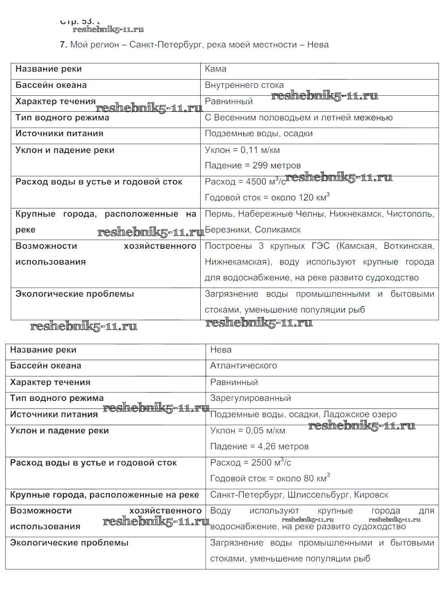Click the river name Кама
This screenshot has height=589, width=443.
(x=215, y=69)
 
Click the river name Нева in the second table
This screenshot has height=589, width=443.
(x=221, y=350)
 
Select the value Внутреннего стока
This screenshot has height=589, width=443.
(x=244, y=85)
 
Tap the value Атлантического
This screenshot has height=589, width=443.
(x=243, y=366)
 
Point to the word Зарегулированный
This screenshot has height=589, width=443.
(x=250, y=398)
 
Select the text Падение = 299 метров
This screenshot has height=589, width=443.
(x=253, y=166)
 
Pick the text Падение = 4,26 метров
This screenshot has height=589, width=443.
(x=259, y=447)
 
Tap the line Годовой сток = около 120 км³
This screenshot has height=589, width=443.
(x=267, y=198)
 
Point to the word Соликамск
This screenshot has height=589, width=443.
(x=278, y=230)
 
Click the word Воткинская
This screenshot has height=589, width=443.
(x=408, y=246)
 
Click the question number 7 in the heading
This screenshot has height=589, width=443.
(x=63, y=45)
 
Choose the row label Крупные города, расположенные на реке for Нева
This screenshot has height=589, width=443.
(x=105, y=495)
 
